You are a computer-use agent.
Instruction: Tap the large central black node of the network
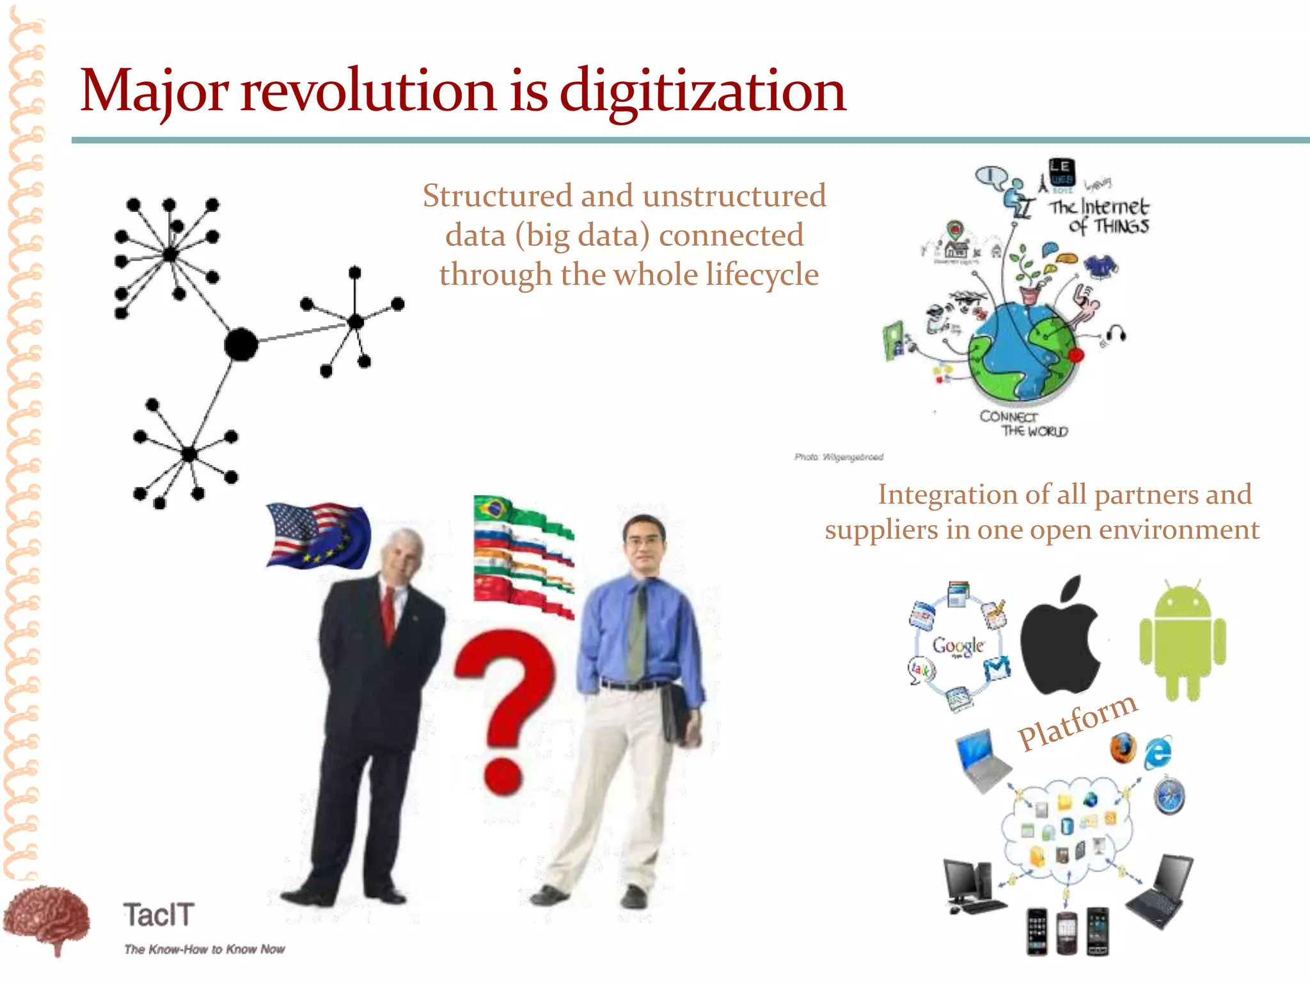tap(241, 344)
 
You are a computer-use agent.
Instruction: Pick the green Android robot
tap(1182, 640)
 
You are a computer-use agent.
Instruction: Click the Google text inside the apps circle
tap(958, 645)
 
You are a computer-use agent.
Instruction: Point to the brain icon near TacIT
tap(46, 918)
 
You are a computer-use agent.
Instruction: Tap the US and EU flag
tap(318, 535)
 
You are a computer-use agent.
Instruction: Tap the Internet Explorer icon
tap(1158, 752)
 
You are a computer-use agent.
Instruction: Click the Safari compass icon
tap(1169, 797)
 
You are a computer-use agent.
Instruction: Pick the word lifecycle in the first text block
tap(762, 275)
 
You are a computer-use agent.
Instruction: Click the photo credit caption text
tap(839, 457)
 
